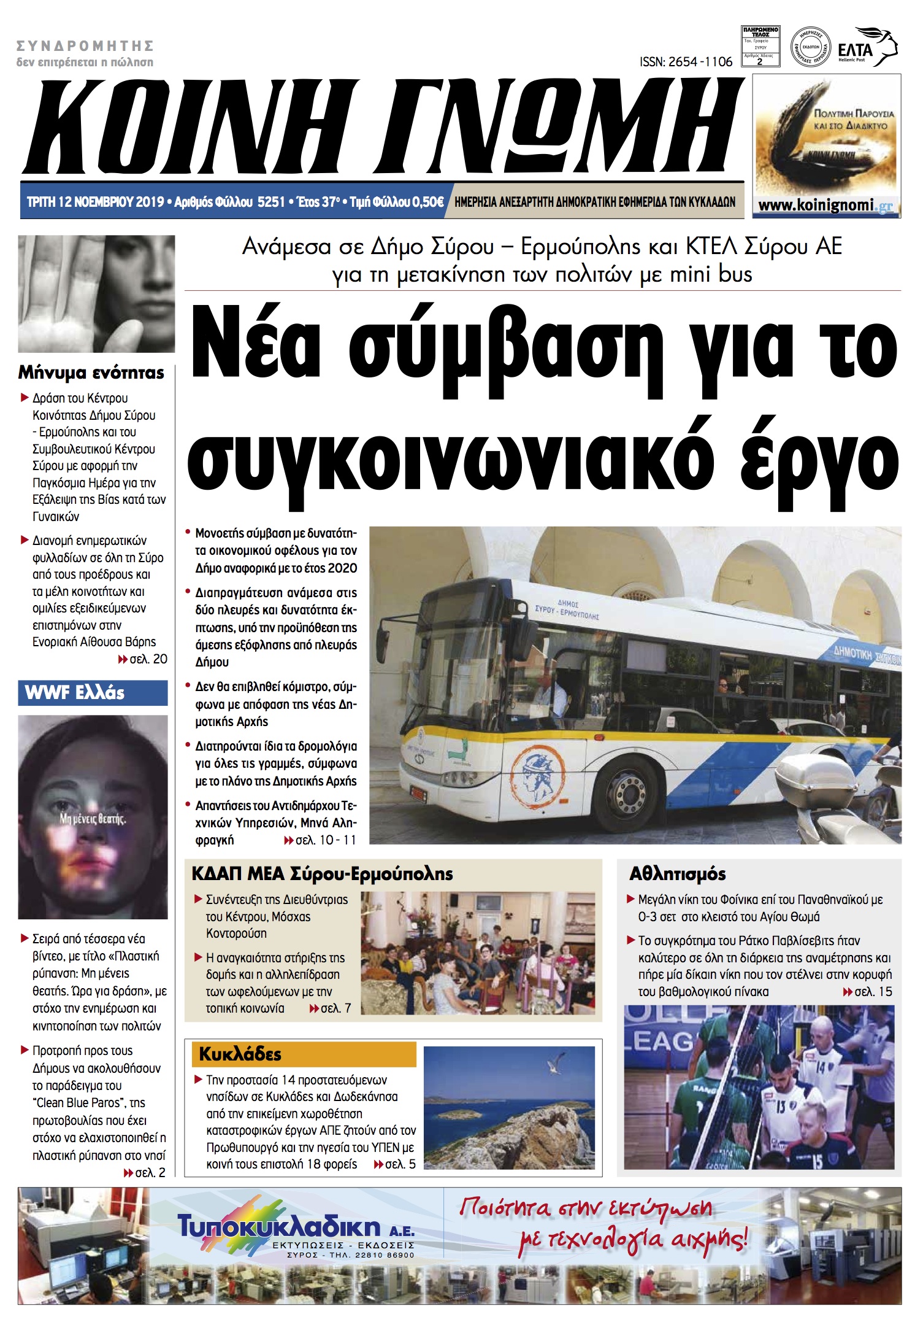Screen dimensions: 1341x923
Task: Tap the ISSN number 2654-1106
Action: point(686,62)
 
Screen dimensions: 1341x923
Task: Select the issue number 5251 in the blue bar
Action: point(271,202)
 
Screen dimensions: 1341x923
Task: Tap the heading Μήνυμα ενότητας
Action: point(91,373)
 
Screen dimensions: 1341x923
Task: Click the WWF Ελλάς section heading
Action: point(75,693)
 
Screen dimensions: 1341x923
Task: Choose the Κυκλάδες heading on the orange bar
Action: point(240,1054)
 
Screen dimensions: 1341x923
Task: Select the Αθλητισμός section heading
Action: point(677,874)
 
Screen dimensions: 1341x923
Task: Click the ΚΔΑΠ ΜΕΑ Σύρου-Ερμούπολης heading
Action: point(322,874)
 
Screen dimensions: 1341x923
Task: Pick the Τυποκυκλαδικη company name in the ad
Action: point(279,1226)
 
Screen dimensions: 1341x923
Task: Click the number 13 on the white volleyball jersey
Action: point(781,1107)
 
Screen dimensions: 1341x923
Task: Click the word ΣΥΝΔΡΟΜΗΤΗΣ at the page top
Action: point(85,45)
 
